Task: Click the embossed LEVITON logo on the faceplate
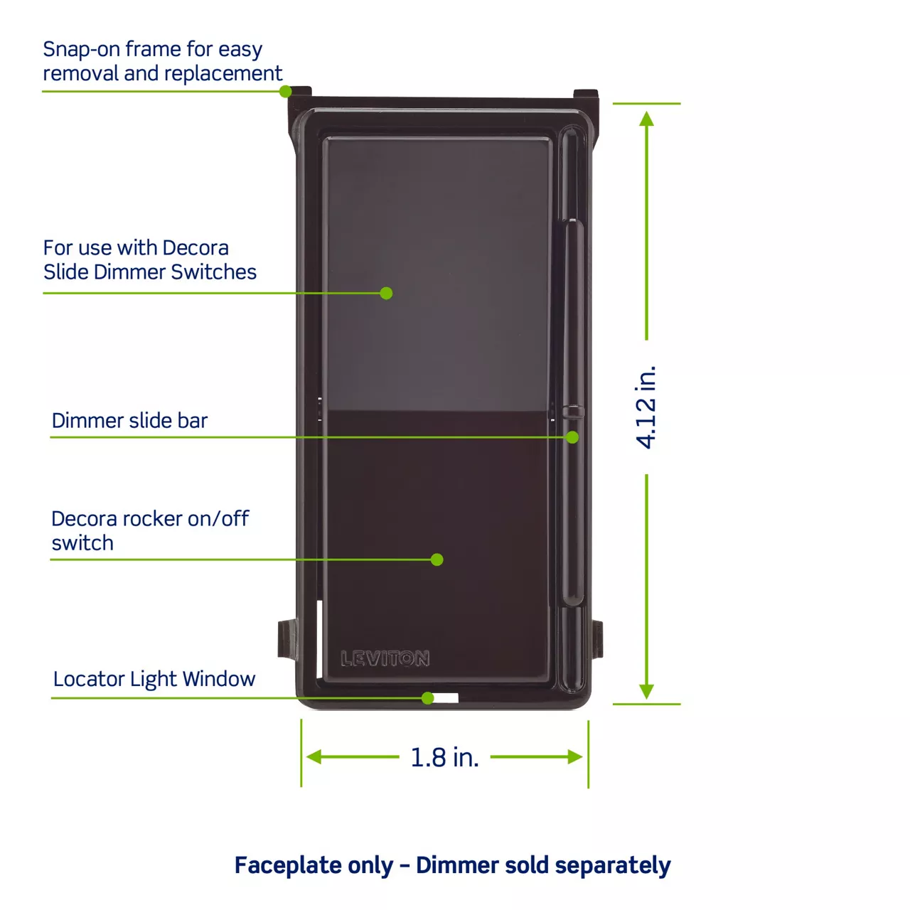[x=385, y=658]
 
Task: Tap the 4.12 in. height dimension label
[x=645, y=407]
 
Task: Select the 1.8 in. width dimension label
[x=444, y=757]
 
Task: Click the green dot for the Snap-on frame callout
[x=285, y=91]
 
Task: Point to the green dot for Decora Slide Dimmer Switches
[x=386, y=293]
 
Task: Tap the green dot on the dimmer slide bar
[x=572, y=437]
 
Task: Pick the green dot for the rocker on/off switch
[x=437, y=560]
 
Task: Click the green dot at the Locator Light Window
[x=427, y=698]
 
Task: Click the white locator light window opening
[x=446, y=698]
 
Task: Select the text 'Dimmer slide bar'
[x=129, y=420]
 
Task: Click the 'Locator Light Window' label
[x=154, y=679]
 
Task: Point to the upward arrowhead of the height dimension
[x=646, y=119]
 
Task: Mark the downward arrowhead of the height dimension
[x=646, y=691]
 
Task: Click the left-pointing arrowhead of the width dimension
[x=314, y=756]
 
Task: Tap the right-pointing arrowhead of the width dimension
[x=575, y=756]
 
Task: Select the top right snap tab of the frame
[x=586, y=94]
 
